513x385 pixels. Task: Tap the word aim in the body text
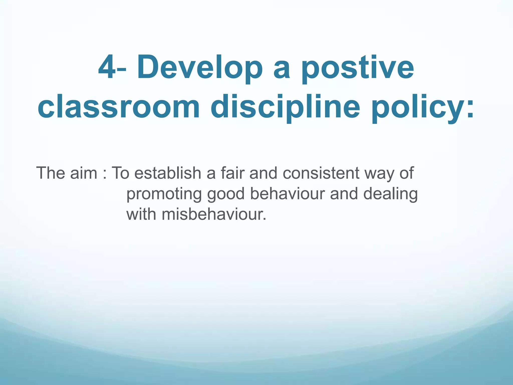click(x=84, y=173)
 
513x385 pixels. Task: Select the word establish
click(x=168, y=173)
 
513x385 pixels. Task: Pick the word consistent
click(x=321, y=173)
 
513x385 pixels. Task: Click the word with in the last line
click(x=141, y=214)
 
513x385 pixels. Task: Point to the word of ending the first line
click(x=407, y=173)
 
